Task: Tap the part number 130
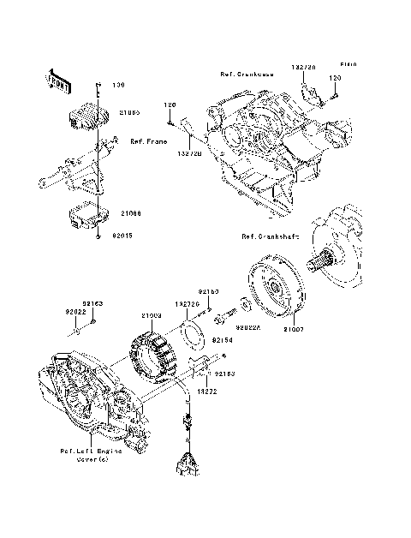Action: click(118, 85)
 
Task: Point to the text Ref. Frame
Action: click(147, 140)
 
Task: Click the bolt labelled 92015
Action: click(99, 232)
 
